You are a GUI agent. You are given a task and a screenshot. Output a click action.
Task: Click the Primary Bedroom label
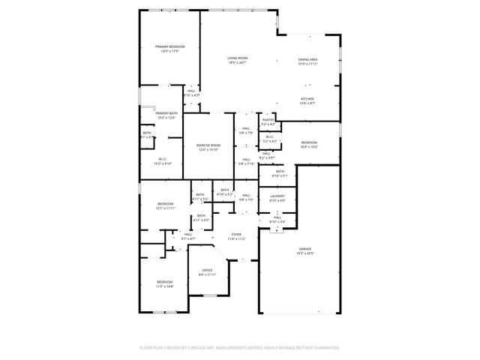coord(169,46)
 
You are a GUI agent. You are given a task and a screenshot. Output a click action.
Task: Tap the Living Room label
coord(238,58)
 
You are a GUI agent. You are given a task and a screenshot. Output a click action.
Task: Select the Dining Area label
coord(308,58)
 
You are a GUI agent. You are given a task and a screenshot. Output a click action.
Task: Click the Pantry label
coord(268,119)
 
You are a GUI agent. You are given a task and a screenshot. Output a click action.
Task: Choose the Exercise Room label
coord(208,145)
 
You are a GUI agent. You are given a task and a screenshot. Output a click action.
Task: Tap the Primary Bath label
coord(166,113)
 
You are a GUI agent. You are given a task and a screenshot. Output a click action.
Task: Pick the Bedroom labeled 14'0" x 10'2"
coord(310,142)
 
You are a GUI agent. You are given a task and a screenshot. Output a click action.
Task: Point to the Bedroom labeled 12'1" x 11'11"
coord(165,204)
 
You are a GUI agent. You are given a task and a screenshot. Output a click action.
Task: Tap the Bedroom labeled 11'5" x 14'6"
coord(164,282)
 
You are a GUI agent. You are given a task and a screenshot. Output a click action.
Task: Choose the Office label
coord(207,270)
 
